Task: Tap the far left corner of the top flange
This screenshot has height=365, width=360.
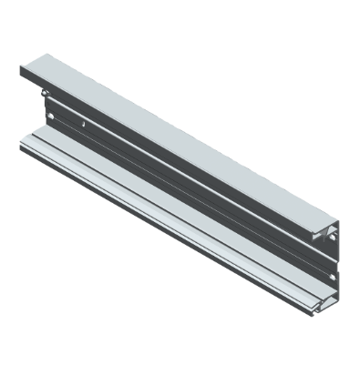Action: coord(20,66)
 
